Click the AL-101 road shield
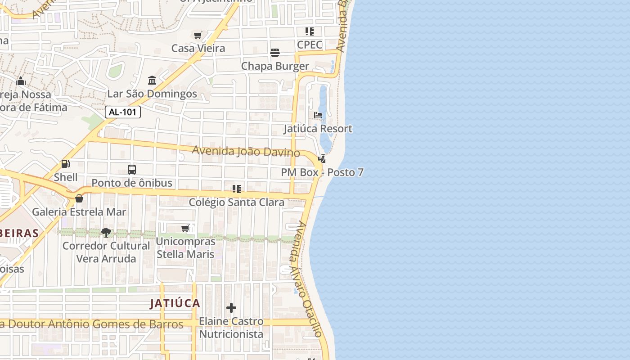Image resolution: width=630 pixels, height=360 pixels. pos(123,112)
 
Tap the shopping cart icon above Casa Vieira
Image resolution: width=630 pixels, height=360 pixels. pos(198,35)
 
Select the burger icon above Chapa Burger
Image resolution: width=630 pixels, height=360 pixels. pos(275,53)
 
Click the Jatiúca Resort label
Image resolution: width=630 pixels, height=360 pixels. pos(318,129)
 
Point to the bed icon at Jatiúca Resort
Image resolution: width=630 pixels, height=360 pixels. pos(318,115)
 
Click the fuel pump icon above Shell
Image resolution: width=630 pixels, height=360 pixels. pos(66,164)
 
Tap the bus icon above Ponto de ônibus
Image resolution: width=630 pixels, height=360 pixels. pos(132,170)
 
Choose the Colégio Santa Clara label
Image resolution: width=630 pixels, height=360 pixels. pos(236,202)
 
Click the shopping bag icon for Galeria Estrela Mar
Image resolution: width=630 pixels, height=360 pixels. pos(79,198)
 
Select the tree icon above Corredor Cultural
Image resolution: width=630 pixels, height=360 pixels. pos(106,233)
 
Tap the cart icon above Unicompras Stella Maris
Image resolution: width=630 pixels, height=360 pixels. pos(185,229)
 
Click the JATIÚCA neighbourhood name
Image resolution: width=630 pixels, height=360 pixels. pos(175,303)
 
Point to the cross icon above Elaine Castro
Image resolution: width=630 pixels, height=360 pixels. pos(231,308)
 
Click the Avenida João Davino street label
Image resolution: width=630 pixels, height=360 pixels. pos(246,151)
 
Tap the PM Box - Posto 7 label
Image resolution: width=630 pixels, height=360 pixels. pos(322,172)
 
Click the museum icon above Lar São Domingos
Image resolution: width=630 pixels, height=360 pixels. pos(152,80)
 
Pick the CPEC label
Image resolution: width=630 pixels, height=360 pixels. pos(310,45)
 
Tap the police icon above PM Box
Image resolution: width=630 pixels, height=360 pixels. pos(322,159)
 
